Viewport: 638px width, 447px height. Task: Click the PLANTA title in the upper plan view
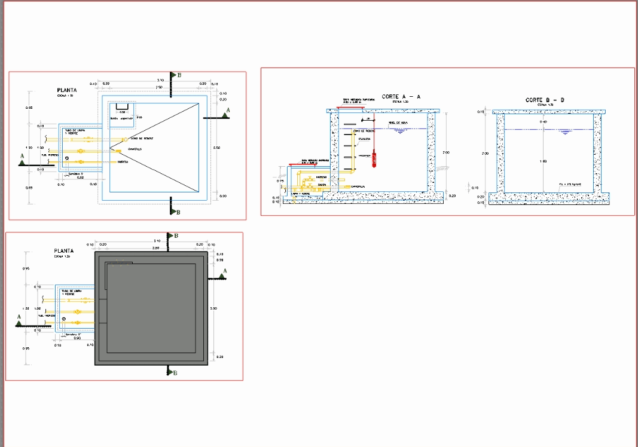pos(66,90)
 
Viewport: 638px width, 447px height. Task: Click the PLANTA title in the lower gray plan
pos(63,251)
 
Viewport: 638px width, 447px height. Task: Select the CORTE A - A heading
pos(401,97)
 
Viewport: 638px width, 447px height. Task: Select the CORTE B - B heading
pos(545,100)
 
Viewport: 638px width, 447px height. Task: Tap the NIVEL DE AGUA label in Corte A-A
pos(398,123)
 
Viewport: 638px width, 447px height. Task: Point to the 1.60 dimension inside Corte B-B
pos(542,161)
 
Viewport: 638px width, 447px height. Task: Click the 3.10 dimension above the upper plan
pos(160,80)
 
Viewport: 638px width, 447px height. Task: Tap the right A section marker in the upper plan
pos(225,114)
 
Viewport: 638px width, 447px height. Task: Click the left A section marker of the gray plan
pos(20,323)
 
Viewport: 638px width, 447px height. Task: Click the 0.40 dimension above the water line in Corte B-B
pos(542,123)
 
